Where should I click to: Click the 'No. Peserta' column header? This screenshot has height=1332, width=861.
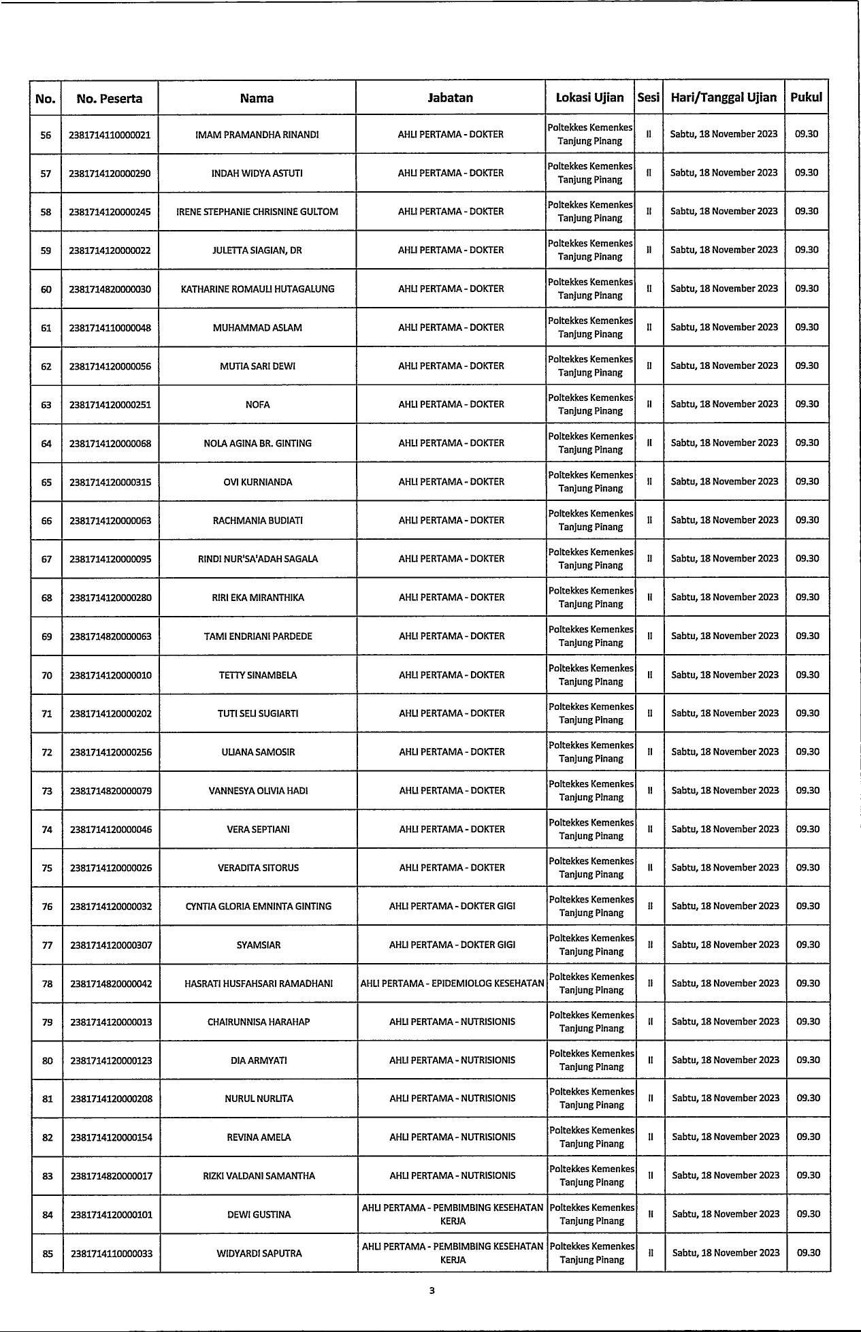[x=110, y=98]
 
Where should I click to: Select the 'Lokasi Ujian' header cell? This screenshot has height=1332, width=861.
[x=589, y=97]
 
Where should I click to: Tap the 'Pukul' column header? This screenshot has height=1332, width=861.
[x=806, y=97]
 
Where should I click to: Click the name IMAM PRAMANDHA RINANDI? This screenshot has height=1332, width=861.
[x=257, y=135]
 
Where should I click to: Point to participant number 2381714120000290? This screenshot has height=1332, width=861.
[x=110, y=174]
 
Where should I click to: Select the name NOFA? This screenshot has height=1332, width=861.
[x=257, y=405]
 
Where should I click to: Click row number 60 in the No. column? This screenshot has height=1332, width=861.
[x=46, y=289]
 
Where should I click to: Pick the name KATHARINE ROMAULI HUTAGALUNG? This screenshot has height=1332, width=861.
[x=257, y=289]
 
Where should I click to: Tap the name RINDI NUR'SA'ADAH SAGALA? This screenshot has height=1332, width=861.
[x=257, y=559]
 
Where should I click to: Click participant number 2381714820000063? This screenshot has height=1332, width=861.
[x=110, y=637]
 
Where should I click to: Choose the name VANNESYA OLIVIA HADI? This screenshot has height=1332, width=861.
[x=258, y=791]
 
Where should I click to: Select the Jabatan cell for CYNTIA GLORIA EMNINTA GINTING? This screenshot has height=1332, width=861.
[x=452, y=907]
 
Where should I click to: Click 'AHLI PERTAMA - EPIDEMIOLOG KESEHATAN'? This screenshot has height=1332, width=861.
[x=452, y=984]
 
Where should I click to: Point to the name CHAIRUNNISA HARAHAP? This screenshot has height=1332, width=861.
[x=259, y=1022]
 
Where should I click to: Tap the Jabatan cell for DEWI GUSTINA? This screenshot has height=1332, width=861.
[x=453, y=1214]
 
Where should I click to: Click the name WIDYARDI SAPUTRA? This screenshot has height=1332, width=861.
[x=259, y=1253]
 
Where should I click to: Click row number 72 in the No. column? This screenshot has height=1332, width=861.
[x=47, y=753]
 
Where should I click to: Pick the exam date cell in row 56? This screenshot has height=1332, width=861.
[x=724, y=134]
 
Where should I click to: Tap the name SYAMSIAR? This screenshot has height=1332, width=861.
[x=259, y=945]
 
